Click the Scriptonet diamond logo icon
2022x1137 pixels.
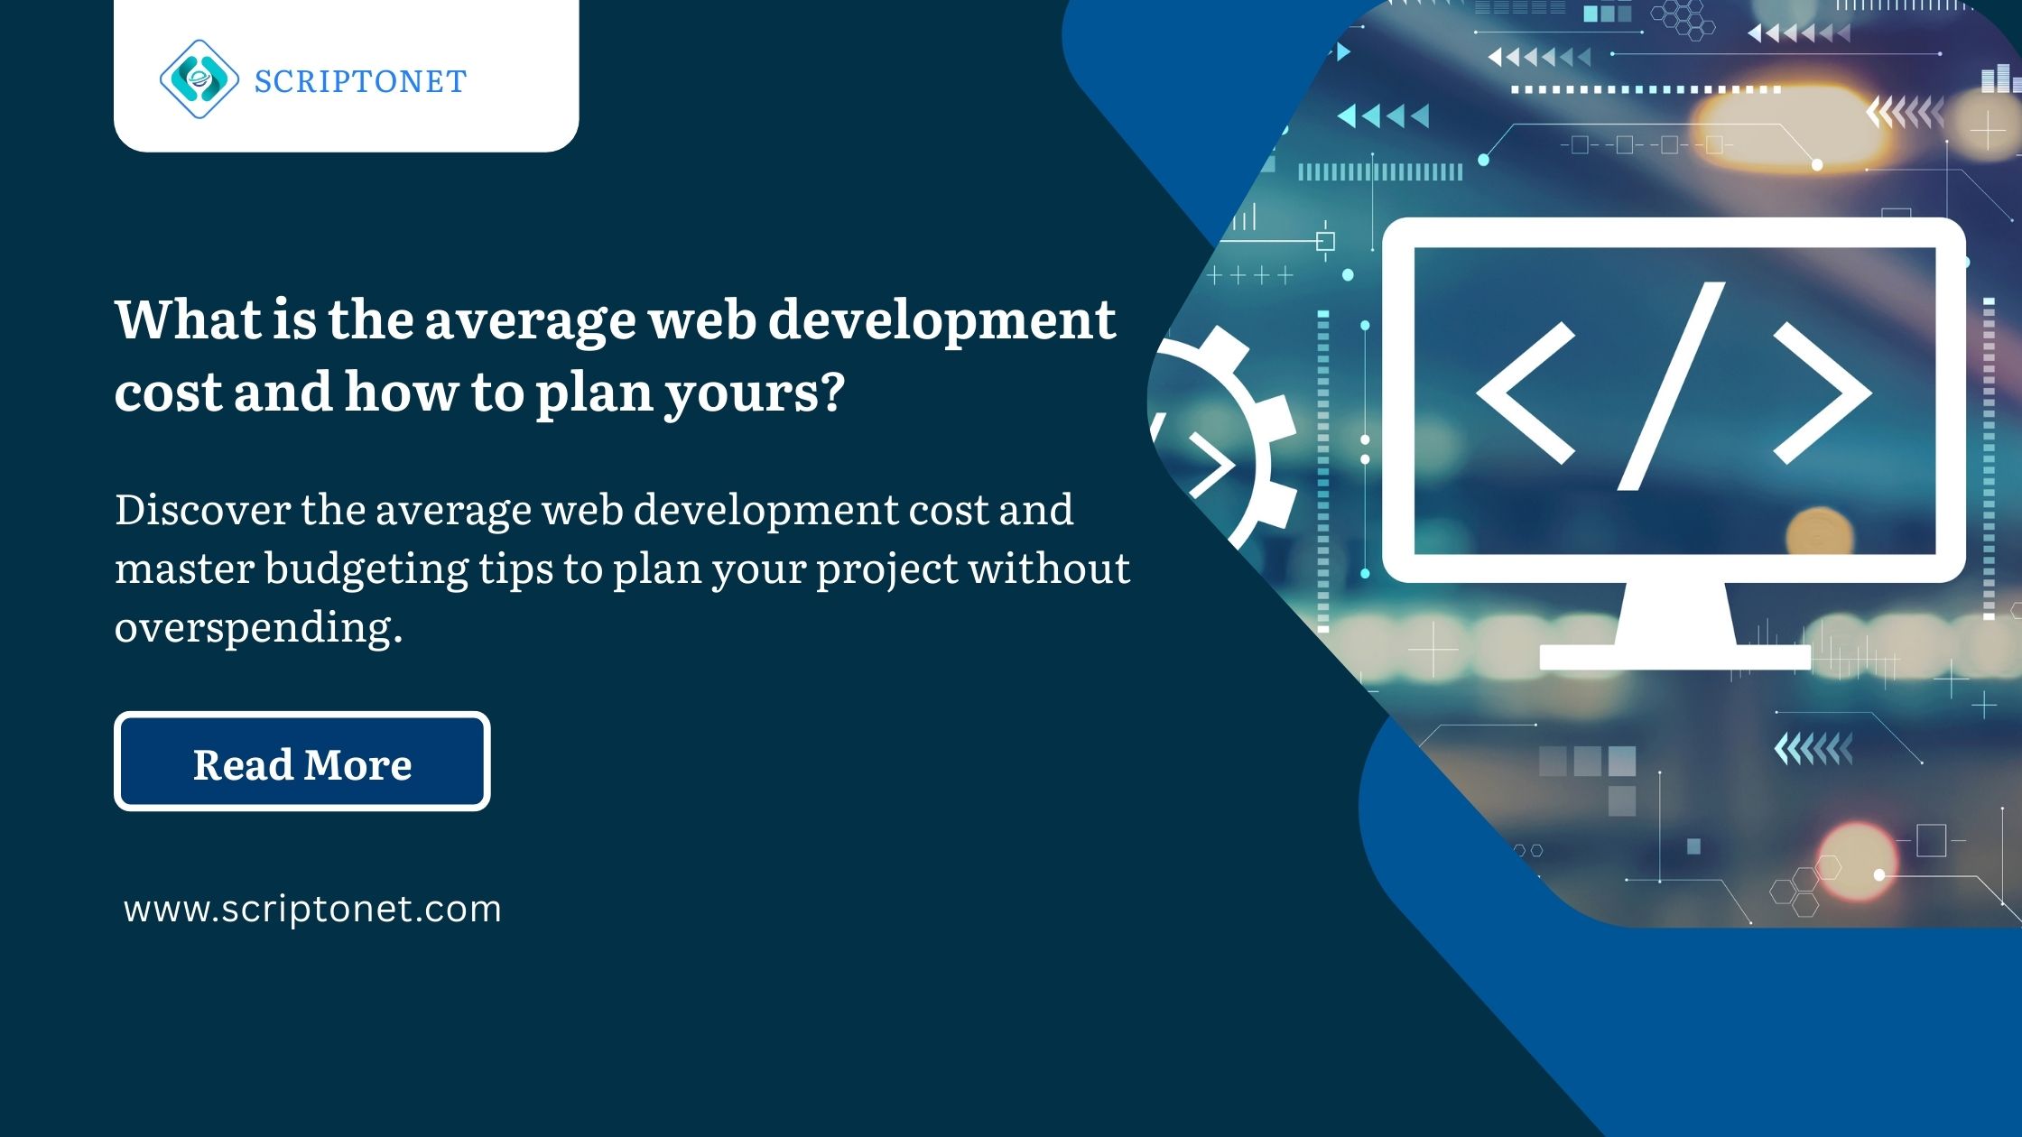click(x=199, y=79)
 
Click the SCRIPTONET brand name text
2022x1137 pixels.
click(x=360, y=82)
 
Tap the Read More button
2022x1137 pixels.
click(x=302, y=762)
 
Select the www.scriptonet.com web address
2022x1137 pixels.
click(x=312, y=909)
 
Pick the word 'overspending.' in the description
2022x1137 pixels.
click(x=258, y=626)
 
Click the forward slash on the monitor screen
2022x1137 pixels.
click(x=1671, y=386)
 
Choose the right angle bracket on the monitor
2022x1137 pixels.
click(x=1821, y=393)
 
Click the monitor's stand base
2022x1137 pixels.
click(x=1674, y=656)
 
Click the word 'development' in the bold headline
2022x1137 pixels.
click(x=941, y=321)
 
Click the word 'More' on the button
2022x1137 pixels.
click(x=358, y=765)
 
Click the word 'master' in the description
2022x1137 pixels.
click(x=184, y=568)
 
